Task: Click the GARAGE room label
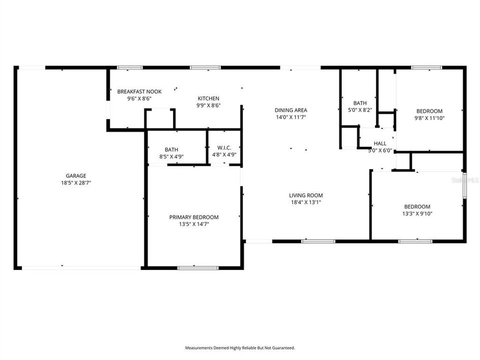(x=76, y=175)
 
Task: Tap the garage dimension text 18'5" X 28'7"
(x=76, y=183)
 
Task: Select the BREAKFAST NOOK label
(x=139, y=91)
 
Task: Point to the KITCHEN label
(x=208, y=98)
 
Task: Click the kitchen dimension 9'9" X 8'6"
(x=208, y=105)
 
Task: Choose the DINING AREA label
(x=291, y=110)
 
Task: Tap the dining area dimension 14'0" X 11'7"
(x=291, y=117)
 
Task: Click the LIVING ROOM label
(x=306, y=195)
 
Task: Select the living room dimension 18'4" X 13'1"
(x=306, y=202)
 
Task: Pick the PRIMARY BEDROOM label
(x=194, y=217)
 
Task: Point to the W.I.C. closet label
(x=224, y=148)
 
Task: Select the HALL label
(x=380, y=143)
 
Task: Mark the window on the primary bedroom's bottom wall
(x=198, y=268)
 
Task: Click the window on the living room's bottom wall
(x=318, y=241)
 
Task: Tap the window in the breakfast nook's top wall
(x=130, y=67)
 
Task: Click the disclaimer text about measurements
(x=240, y=348)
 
